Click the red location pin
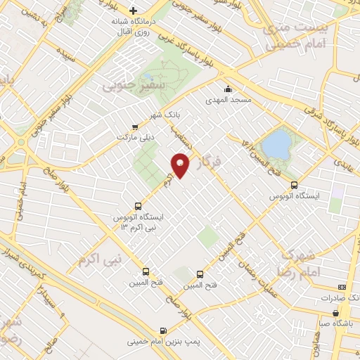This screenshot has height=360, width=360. [181, 164]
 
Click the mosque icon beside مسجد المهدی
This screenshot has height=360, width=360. [228, 89]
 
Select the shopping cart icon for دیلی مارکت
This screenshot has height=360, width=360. [135, 127]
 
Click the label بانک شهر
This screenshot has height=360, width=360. [166, 114]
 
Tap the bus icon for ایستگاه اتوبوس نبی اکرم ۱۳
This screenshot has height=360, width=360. [137, 207]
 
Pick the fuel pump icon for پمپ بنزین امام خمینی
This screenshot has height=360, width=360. [164, 330]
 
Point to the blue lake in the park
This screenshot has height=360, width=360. [276, 146]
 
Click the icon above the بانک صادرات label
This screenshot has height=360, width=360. [342, 287]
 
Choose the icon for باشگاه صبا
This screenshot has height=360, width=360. [336, 313]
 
